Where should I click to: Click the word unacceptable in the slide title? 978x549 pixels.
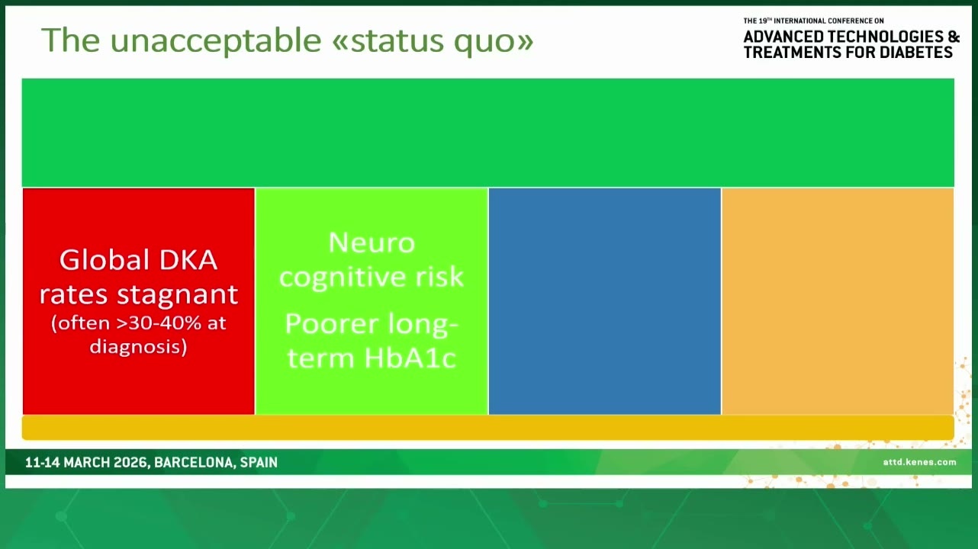click(216, 40)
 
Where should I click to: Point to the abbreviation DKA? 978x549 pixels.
click(188, 260)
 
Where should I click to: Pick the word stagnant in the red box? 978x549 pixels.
click(178, 294)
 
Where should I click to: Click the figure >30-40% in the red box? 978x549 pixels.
click(159, 323)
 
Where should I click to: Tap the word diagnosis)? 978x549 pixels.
click(138, 347)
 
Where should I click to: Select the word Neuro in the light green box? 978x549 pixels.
click(372, 242)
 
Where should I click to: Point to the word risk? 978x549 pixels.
click(439, 277)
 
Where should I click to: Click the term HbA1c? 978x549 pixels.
click(410, 358)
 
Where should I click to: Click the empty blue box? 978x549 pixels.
click(605, 301)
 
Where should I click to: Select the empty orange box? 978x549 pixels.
click(838, 301)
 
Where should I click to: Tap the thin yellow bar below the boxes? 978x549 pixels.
click(488, 427)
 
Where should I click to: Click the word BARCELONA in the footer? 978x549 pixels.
click(194, 463)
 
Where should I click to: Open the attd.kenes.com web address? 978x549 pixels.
click(919, 462)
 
